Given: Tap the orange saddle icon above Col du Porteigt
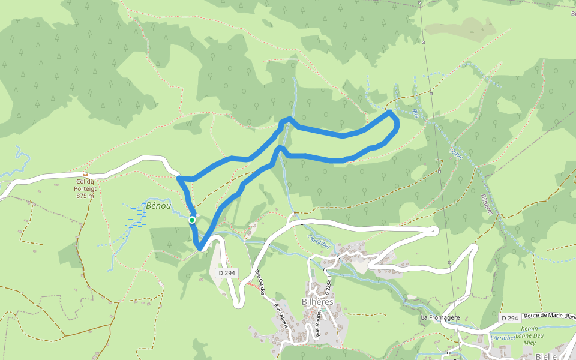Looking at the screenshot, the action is pos(85,175).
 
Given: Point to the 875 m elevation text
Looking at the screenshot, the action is pos(86,196).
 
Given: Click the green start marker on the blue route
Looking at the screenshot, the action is pos(192,220).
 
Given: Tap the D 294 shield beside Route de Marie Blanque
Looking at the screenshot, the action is pos(509,317).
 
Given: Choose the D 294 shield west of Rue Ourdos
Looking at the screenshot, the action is pos(227,273).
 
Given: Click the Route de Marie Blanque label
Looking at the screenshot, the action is pos(550,317).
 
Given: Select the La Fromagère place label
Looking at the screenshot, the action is pos(440,317).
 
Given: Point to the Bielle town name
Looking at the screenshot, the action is pos(547,356).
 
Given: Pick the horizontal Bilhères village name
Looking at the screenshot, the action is pos(317,302).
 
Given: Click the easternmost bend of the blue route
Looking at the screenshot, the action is pos(398,122).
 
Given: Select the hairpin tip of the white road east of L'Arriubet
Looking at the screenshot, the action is pos(436,229).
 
